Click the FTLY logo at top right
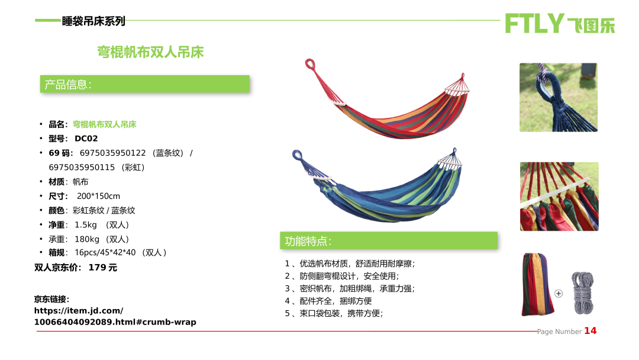point(560,23)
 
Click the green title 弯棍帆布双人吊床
point(150,52)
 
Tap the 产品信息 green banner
point(145,84)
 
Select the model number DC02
point(86,139)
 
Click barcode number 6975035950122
point(112,153)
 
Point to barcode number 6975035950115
point(82,167)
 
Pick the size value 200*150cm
point(98,196)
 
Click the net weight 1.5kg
point(86,225)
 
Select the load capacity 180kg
point(87,239)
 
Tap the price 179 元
point(103,268)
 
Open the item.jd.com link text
point(115,316)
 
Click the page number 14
point(590,330)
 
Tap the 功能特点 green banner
point(388,240)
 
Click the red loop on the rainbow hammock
point(309,64)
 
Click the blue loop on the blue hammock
point(296,155)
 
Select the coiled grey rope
point(582,292)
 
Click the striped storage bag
point(538,284)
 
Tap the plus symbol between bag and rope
point(559,294)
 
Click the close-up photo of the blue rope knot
point(559,98)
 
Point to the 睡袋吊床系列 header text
point(93,21)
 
